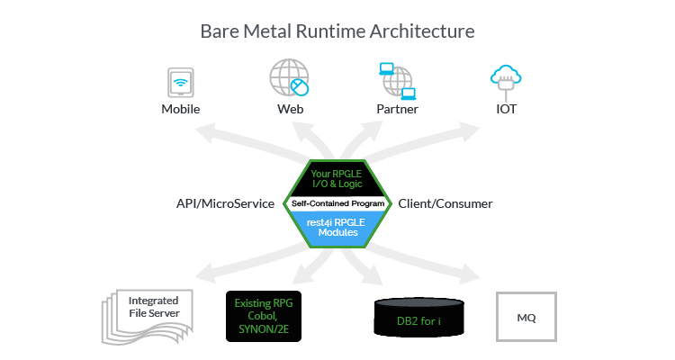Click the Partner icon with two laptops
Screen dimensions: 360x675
click(397, 80)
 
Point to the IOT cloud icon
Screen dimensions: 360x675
click(505, 79)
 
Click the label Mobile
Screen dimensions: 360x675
click(181, 110)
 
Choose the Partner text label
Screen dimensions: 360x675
click(397, 110)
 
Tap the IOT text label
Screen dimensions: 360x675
click(505, 110)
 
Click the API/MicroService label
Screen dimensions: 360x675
click(226, 203)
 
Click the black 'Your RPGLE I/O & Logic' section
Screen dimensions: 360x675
click(337, 178)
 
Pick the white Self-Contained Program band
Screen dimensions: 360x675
click(337, 203)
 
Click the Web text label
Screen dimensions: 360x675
click(290, 110)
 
